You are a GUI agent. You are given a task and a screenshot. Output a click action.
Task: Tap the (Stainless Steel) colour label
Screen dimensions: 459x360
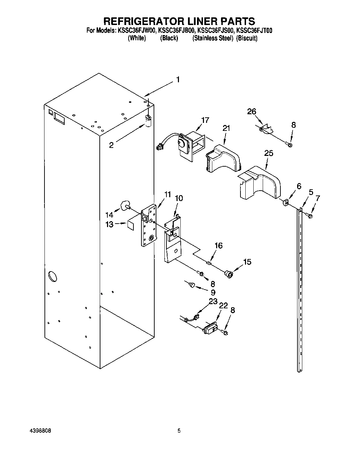[x=213, y=39]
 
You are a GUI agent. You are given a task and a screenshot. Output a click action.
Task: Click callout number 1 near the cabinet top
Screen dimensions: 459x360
[x=178, y=80]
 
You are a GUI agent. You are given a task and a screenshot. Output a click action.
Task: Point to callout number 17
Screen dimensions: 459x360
[x=205, y=120]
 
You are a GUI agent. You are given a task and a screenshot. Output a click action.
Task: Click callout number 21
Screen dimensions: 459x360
[x=226, y=128]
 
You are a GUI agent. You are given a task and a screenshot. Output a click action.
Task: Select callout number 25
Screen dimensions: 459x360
[x=269, y=153]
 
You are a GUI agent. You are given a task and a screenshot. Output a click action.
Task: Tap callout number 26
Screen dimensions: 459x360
[x=252, y=111]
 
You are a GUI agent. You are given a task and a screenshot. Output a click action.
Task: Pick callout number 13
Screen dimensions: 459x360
[x=109, y=225]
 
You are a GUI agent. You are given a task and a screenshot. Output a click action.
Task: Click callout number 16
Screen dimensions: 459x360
[x=218, y=246]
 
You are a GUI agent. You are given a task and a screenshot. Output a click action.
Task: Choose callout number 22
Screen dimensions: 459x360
[x=223, y=305]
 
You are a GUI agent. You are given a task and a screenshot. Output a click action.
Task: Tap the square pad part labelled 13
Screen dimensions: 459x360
[x=130, y=225]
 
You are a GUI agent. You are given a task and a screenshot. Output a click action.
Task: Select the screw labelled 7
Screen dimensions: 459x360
[x=310, y=216]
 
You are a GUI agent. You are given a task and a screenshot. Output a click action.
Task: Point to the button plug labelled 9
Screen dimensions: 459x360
[x=191, y=285]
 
